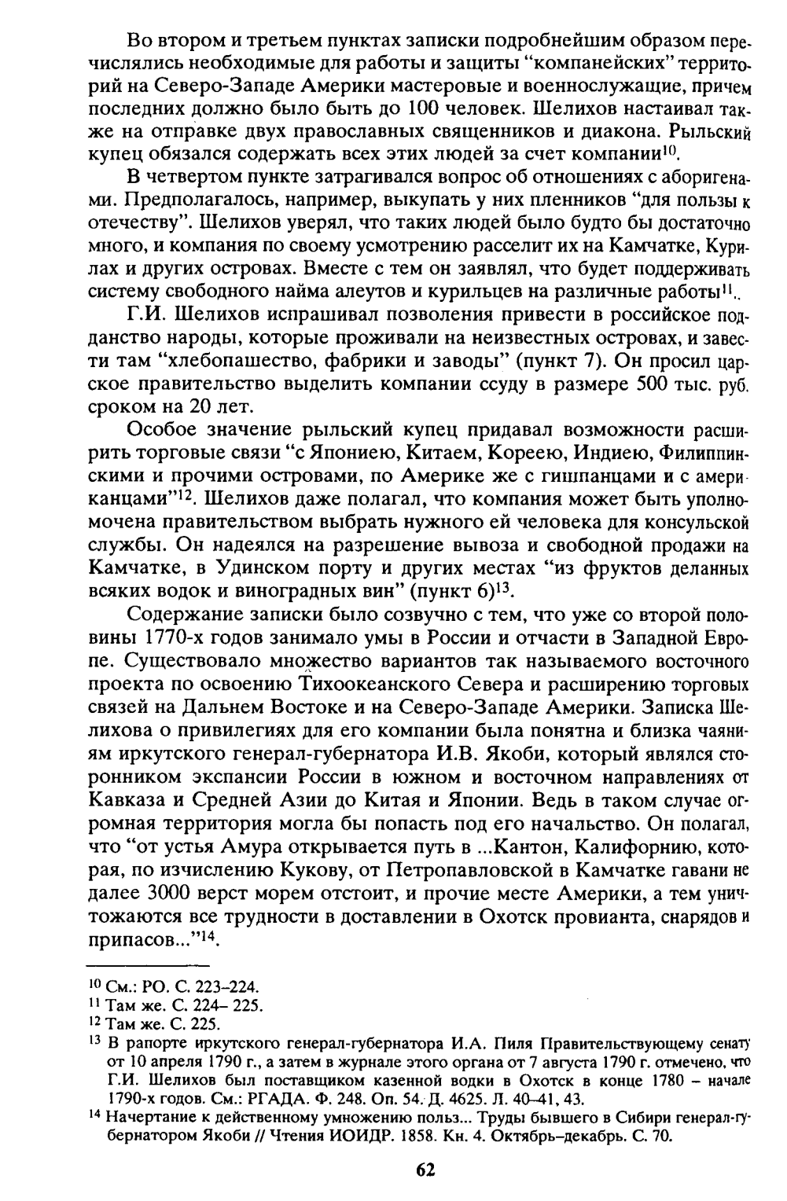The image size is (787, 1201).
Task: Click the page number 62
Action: (x=425, y=1169)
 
